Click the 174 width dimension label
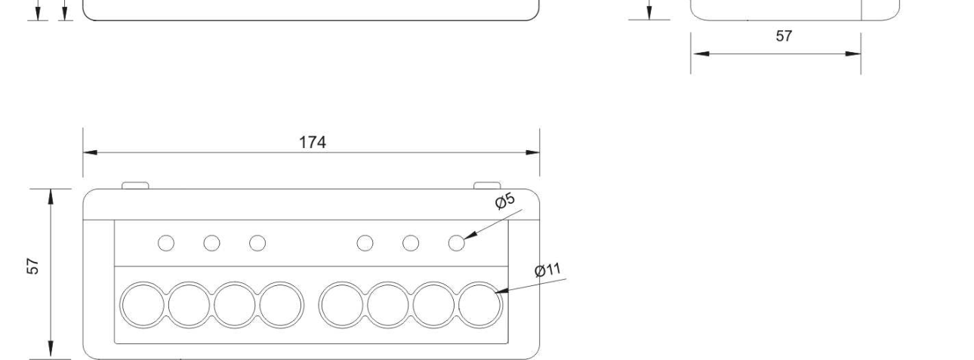click(x=312, y=142)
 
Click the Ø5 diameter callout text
click(x=505, y=201)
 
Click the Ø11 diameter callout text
click(x=547, y=270)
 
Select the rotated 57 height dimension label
click(x=32, y=266)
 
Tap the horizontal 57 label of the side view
click(x=784, y=36)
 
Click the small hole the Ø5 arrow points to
click(x=456, y=243)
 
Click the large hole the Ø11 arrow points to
click(x=479, y=305)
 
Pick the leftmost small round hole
click(x=166, y=243)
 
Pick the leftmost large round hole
click(x=143, y=305)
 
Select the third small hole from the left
click(x=257, y=243)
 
